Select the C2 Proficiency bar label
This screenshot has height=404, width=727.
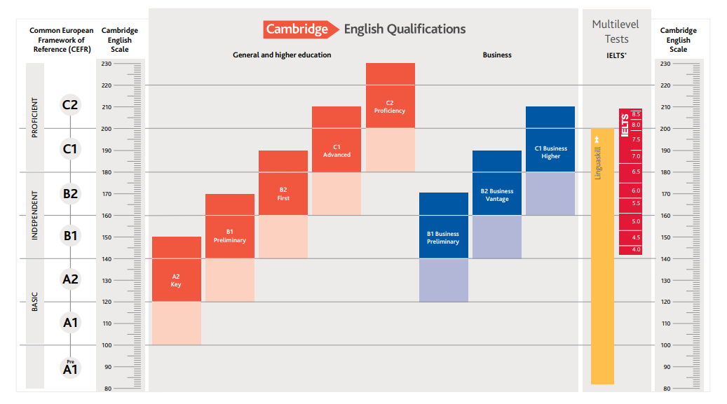[390, 106]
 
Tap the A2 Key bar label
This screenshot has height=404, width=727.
[176, 281]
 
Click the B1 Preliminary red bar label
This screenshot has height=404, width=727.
[230, 236]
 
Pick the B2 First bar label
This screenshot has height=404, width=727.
[283, 194]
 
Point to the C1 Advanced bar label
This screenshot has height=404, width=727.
[337, 151]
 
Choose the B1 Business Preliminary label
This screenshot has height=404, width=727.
[443, 237]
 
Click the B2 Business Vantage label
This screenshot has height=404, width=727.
[497, 195]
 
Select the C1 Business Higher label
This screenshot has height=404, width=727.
[550, 152]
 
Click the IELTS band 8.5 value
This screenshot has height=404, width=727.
[636, 114]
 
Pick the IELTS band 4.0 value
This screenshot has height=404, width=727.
[636, 249]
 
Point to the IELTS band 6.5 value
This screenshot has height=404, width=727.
[636, 172]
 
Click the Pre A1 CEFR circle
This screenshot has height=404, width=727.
[70, 368]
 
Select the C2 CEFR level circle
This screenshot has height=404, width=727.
[70, 105]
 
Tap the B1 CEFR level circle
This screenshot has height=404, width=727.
[70, 236]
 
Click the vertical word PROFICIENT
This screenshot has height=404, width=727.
[35, 118]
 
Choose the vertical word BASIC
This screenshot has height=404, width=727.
[35, 302]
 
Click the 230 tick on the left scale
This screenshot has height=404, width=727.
[107, 64]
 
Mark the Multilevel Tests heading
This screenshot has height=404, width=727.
[616, 32]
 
